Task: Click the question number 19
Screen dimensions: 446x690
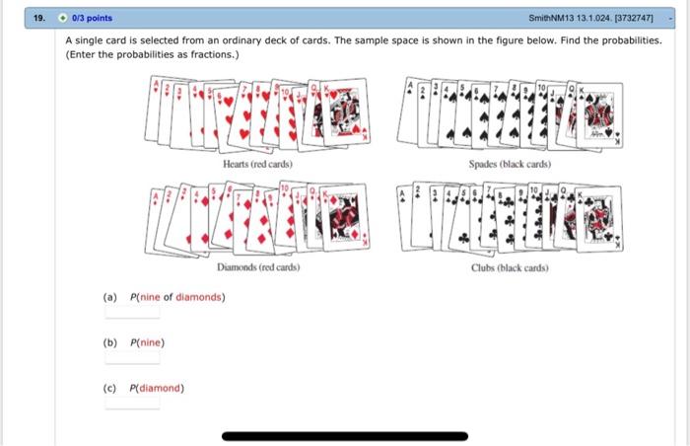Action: point(37,18)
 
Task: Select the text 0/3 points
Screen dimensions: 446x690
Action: point(93,18)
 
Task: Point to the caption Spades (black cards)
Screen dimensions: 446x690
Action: point(510,164)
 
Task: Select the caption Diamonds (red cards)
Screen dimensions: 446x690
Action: point(258,267)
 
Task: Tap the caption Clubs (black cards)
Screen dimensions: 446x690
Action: point(510,267)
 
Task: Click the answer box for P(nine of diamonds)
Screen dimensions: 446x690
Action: point(132,312)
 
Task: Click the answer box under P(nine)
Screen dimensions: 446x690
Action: point(132,357)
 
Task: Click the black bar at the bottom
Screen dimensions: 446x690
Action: point(344,434)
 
